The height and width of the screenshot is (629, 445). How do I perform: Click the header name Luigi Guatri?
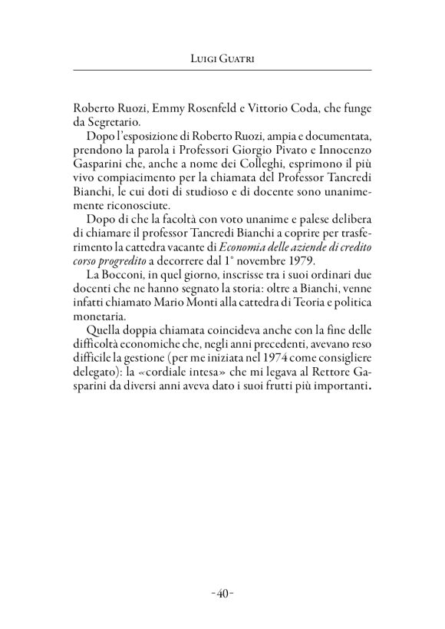(x=222, y=58)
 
